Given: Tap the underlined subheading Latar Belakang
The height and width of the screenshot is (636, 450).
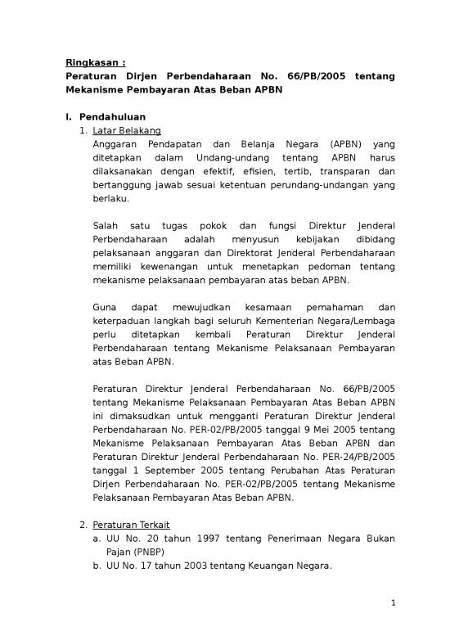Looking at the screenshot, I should pyautogui.click(x=127, y=131).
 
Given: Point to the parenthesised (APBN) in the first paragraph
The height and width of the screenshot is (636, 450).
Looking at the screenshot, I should pyautogui.click(x=326, y=142).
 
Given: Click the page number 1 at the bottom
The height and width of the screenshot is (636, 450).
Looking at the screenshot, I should pyautogui.click(x=393, y=605).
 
